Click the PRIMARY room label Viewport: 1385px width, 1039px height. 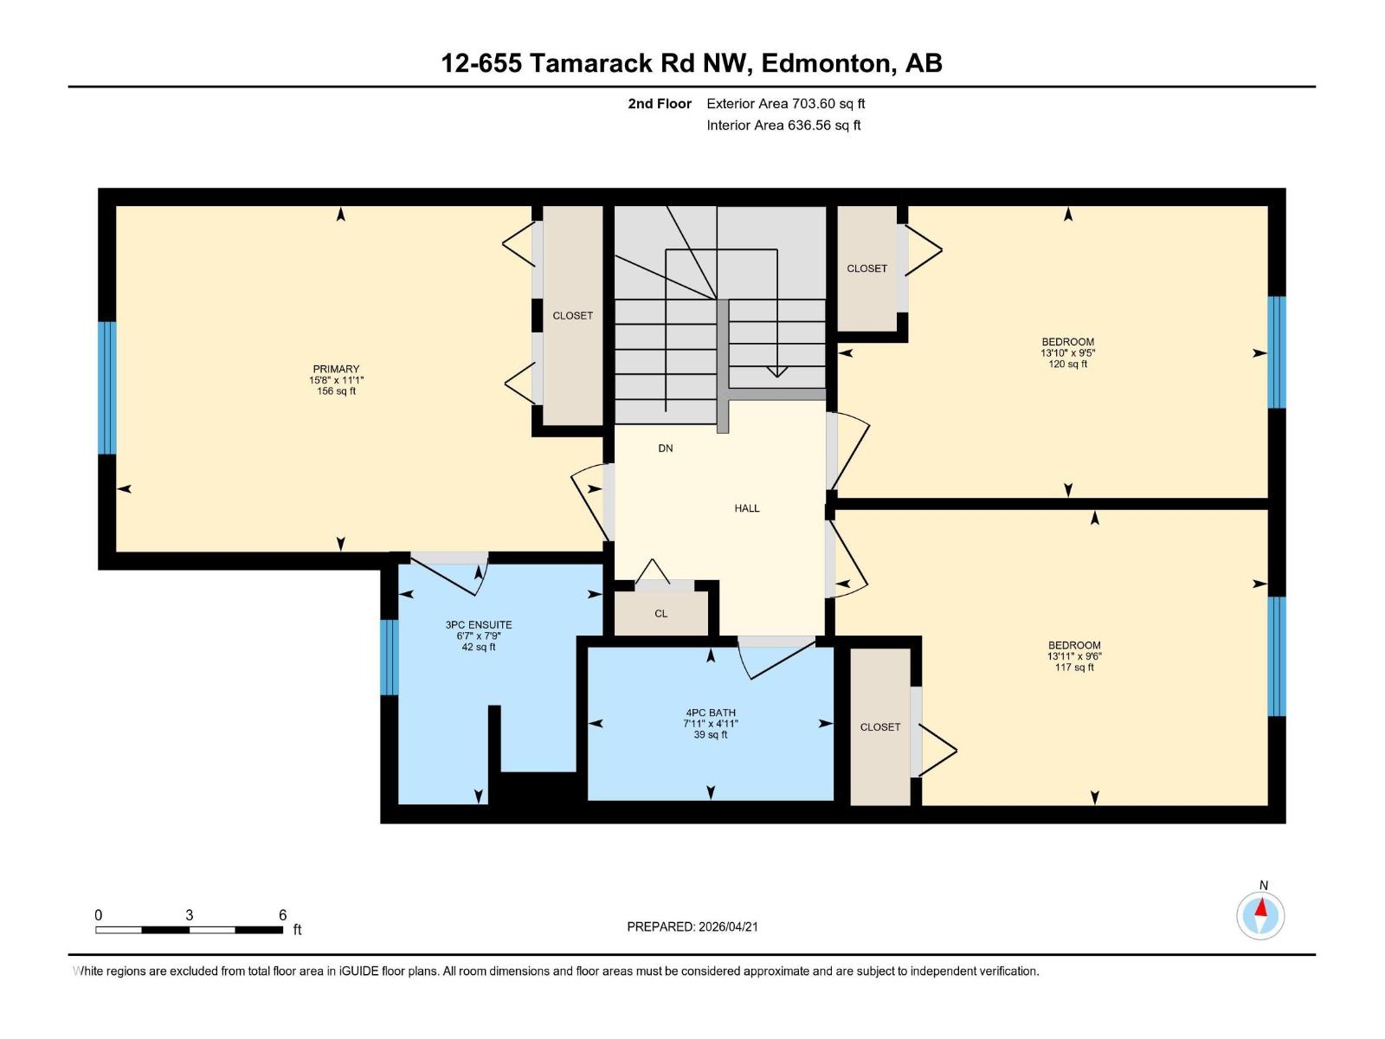pyautogui.click(x=336, y=369)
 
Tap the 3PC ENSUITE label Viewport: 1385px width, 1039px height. pyautogui.click(x=479, y=624)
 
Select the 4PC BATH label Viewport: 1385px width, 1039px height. pyautogui.click(x=710, y=713)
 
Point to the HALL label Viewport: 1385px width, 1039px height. pyautogui.click(x=746, y=508)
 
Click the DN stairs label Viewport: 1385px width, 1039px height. pyautogui.click(x=665, y=449)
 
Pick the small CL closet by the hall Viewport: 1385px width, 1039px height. pyautogui.click(x=660, y=614)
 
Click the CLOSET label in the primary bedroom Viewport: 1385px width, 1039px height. pyautogui.click(x=572, y=316)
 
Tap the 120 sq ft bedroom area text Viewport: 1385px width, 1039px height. pyautogui.click(x=1067, y=365)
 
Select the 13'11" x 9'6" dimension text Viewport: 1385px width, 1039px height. pyautogui.click(x=1074, y=656)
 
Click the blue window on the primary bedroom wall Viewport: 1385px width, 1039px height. pyautogui.click(x=106, y=388)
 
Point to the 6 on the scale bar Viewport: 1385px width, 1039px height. pyautogui.click(x=282, y=915)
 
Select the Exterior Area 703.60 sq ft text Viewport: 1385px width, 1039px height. pyautogui.click(x=785, y=104)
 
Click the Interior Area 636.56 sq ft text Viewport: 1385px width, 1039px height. pyautogui.click(x=783, y=126)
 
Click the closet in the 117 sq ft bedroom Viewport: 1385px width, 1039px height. pyautogui.click(x=880, y=727)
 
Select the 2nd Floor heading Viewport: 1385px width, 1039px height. pyautogui.click(x=660, y=104)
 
